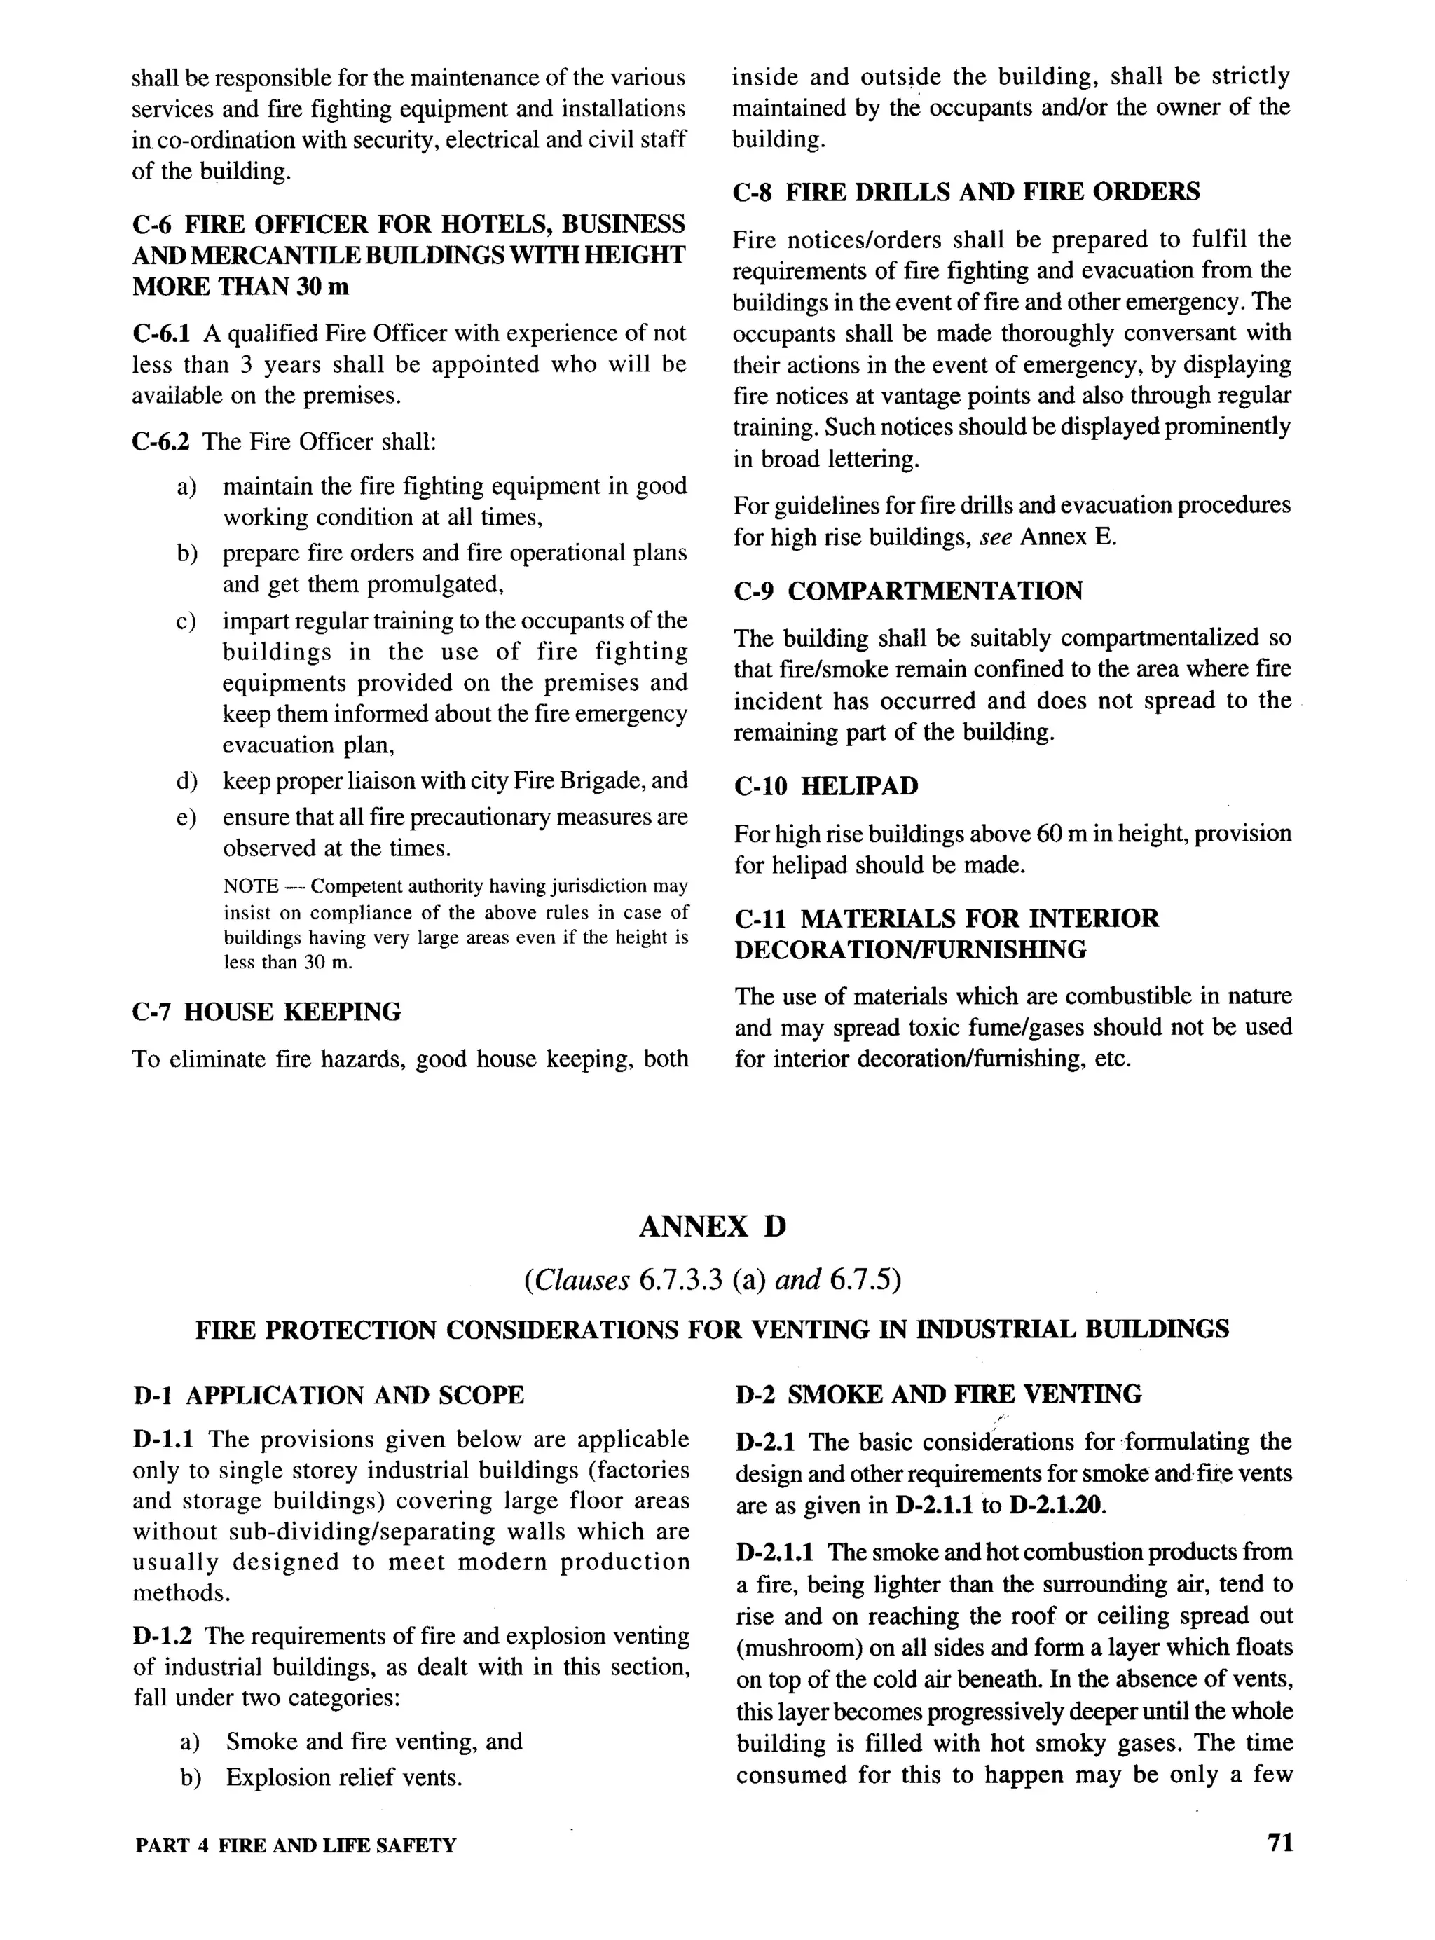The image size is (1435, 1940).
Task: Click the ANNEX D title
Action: click(713, 1226)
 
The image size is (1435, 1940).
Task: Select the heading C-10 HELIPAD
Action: click(825, 786)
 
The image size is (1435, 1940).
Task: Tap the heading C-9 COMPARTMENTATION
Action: click(907, 591)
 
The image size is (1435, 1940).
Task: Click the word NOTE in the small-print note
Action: click(250, 887)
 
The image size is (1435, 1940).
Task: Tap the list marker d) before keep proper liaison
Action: click(187, 780)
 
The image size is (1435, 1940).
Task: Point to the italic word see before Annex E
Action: click(996, 537)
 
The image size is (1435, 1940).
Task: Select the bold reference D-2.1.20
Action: click(1057, 1505)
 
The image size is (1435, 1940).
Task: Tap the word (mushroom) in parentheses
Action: click(790, 1647)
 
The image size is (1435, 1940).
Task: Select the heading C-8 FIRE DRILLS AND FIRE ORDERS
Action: click(967, 192)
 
